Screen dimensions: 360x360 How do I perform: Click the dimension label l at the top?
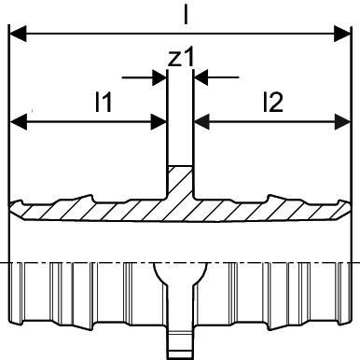point(186,15)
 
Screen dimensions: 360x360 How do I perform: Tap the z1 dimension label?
point(181,57)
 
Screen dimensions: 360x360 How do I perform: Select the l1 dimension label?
point(104,103)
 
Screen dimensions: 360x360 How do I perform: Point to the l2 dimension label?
point(273,103)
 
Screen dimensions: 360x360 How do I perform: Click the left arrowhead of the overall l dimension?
point(18,34)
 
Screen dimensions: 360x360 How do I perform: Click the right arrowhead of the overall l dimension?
point(342,34)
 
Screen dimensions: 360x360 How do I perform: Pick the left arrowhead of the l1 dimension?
point(19,122)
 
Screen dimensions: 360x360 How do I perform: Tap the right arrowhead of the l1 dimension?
point(159,122)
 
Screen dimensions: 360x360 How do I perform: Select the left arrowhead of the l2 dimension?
point(201,121)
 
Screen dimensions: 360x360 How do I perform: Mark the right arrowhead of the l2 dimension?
point(342,121)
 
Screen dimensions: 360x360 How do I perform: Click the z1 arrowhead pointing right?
point(159,77)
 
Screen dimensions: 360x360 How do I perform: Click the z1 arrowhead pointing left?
point(201,77)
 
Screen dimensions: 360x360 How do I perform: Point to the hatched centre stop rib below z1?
point(180,182)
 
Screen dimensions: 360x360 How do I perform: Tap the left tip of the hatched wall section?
point(11,208)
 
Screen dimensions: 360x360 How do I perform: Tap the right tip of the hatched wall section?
point(350,208)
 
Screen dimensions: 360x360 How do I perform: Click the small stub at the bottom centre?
point(180,342)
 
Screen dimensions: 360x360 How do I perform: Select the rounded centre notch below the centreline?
point(180,273)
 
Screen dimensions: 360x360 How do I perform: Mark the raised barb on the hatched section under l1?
point(85,200)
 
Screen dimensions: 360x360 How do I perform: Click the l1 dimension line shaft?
point(89,122)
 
